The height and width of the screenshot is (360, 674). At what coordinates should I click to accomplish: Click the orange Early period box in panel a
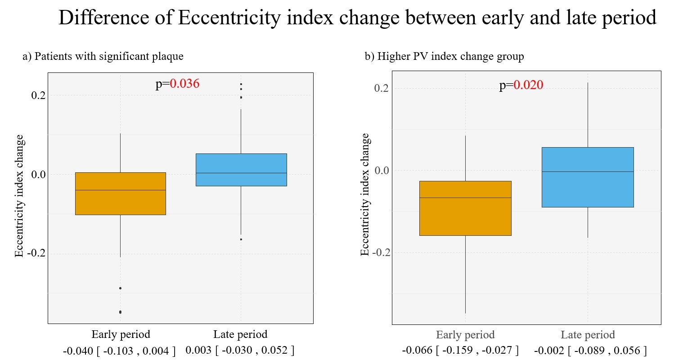[x=121, y=193]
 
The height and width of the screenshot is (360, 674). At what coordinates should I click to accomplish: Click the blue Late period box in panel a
[x=241, y=170]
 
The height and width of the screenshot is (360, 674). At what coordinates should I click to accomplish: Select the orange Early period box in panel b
[x=465, y=208]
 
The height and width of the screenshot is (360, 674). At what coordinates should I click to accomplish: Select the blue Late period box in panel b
[x=588, y=177]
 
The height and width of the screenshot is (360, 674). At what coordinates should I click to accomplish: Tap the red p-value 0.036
[x=184, y=84]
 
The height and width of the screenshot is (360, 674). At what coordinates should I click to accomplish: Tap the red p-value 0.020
[x=529, y=85]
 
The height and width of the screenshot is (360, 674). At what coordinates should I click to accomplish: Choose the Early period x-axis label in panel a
[x=121, y=334]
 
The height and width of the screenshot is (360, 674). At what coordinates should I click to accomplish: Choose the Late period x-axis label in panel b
[x=588, y=335]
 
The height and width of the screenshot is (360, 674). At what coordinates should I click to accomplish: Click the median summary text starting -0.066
[x=460, y=351]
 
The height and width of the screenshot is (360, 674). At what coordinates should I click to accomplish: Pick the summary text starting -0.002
[x=591, y=351]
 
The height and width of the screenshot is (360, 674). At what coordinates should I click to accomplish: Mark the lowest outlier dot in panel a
[x=121, y=312]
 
